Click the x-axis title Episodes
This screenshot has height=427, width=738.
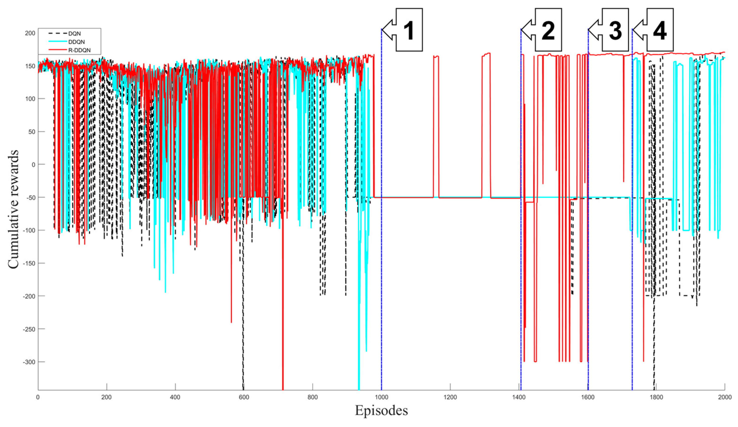(x=381, y=410)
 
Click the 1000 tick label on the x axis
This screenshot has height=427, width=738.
(x=381, y=397)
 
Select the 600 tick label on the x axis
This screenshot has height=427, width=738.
(x=244, y=397)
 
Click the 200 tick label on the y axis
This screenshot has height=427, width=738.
(x=30, y=33)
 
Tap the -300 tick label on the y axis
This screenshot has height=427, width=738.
(x=29, y=362)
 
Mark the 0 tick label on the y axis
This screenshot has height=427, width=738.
(x=33, y=165)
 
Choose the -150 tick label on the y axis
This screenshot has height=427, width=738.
(x=29, y=263)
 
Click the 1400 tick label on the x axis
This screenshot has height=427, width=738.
(x=519, y=397)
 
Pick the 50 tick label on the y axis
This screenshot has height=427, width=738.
(x=32, y=132)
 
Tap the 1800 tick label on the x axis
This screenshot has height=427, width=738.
(x=656, y=397)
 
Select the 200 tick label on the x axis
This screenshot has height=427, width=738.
(x=107, y=397)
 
